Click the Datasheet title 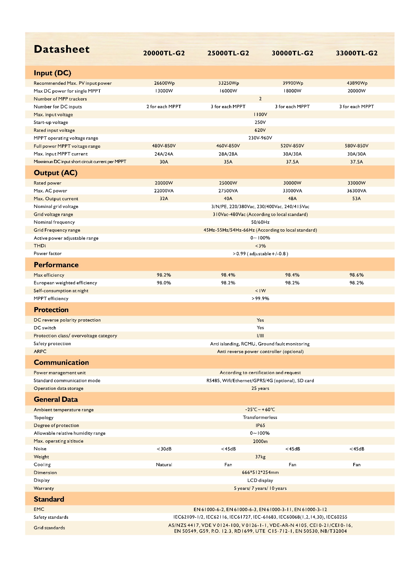[61, 49]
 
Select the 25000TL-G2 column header [228, 53]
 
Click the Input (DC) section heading [52, 73]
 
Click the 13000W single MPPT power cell [164, 91]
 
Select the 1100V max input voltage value [260, 114]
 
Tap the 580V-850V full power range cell [356, 146]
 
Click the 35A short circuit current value [228, 162]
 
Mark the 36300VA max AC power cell [356, 191]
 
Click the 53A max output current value [356, 199]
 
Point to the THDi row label [40, 246]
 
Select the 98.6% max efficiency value [356, 275]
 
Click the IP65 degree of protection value [260, 425]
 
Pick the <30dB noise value [164, 449]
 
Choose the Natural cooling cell [164, 464]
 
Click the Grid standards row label [49, 528]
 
